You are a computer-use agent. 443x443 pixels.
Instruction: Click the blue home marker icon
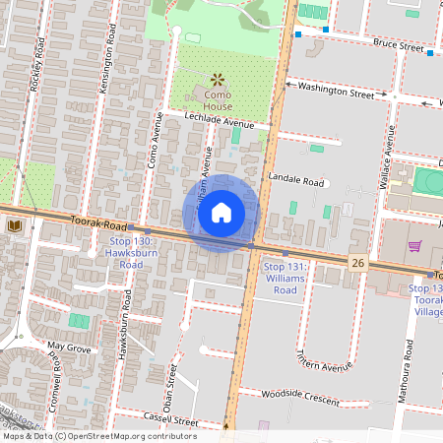coord(221,212)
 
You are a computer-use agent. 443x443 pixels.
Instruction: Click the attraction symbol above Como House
coord(217,79)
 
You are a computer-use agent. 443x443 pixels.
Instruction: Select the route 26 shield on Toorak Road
coord(357,262)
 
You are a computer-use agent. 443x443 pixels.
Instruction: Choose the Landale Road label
coord(302,182)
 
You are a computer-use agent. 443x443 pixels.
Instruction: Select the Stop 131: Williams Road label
coord(286,279)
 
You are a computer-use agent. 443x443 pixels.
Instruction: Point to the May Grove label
coord(70,348)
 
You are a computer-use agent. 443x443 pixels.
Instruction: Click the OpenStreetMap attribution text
coord(98,436)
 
